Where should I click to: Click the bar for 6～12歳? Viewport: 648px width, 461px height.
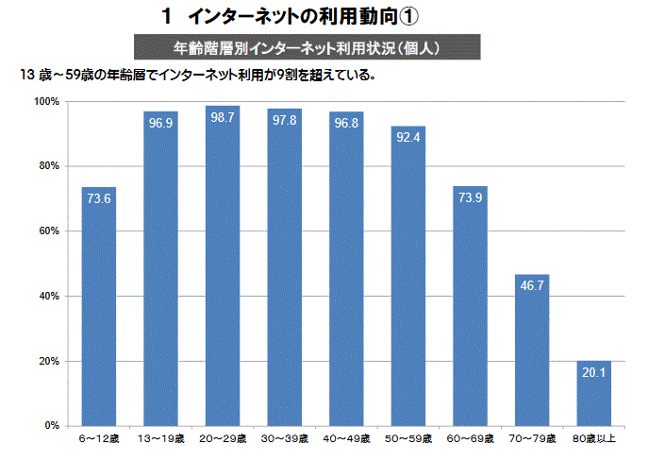98,307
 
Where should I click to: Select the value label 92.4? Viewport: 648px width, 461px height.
407,138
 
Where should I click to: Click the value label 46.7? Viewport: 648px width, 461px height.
532,286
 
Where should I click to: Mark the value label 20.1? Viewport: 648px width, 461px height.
593,372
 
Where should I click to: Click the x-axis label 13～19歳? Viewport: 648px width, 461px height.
160,440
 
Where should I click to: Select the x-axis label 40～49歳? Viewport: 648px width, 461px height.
346,440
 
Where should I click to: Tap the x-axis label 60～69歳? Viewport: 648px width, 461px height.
470,440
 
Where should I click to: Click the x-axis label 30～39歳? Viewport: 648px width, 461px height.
284,440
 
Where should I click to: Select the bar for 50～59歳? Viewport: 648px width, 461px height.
407,276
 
